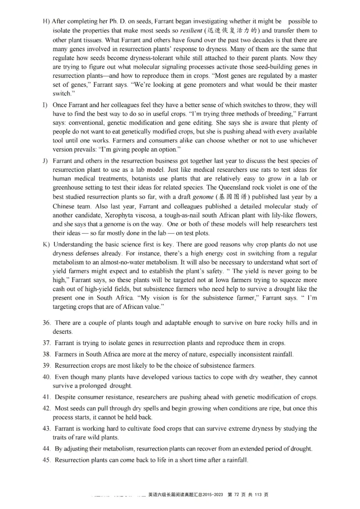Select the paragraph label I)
point(45,105)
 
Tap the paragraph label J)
point(45,161)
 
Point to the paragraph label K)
point(46,244)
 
